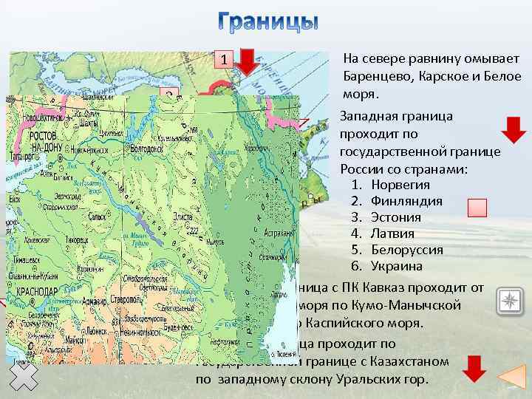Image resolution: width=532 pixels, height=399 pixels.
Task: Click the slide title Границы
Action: pos(269,22)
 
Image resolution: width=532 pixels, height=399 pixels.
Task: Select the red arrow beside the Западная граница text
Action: pos(514,130)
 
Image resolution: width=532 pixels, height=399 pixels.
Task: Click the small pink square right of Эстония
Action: pos(478,208)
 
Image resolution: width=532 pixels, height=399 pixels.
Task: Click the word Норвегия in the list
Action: pos(400,185)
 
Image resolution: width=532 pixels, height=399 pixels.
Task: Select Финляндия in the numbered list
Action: pos(406,201)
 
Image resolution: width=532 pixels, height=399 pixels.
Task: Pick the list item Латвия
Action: pos(392,233)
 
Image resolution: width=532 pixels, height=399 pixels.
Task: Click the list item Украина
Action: pos(396,266)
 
